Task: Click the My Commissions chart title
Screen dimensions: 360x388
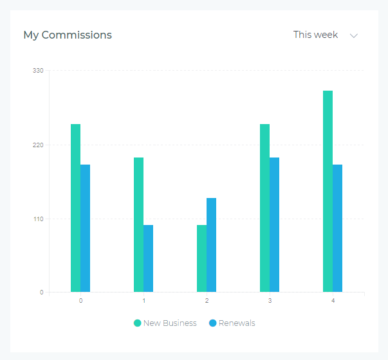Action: (68, 35)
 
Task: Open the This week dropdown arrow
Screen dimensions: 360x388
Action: (353, 36)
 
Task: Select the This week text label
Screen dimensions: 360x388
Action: (315, 35)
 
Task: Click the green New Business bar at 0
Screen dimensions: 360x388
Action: (75, 208)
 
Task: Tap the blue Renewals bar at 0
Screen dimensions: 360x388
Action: (85, 228)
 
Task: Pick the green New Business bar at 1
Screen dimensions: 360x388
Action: (138, 224)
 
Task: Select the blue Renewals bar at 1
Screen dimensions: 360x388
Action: (148, 258)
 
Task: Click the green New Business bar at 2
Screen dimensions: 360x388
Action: (201, 258)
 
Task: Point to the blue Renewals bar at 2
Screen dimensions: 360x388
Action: (211, 245)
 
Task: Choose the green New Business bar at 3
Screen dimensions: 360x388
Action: (264, 208)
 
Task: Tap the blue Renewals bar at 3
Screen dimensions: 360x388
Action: (274, 224)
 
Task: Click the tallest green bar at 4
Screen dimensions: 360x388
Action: (328, 191)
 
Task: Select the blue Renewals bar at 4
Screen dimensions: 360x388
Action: (337, 228)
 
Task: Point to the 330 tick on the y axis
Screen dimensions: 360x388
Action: (38, 70)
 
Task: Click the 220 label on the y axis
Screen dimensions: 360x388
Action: (38, 145)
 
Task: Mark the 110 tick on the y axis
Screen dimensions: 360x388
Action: (38, 219)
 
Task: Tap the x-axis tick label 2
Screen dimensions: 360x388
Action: (207, 301)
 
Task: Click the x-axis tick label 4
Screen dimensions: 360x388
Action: (333, 301)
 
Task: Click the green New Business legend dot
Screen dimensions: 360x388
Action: (137, 323)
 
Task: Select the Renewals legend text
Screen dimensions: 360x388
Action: (237, 323)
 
